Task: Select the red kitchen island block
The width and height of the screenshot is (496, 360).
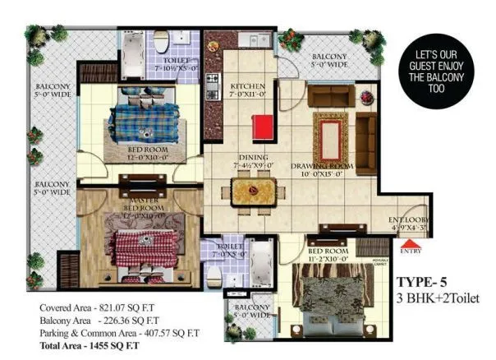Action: coord(262,128)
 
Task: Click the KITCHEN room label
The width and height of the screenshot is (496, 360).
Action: coord(246,90)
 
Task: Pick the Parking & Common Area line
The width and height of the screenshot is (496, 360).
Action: coord(118,334)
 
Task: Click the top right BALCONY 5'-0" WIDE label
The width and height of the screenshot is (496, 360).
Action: coord(329,62)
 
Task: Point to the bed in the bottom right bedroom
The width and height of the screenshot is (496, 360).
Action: coord(325,293)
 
